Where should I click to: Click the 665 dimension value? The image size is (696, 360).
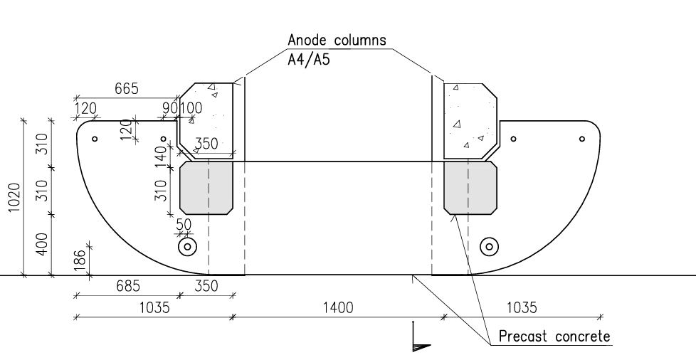127,89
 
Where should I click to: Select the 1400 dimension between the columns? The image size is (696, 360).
338,307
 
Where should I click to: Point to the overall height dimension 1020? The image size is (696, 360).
14,197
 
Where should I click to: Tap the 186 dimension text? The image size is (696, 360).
80,260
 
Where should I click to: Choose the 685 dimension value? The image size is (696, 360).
128,286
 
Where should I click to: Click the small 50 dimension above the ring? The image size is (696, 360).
184,224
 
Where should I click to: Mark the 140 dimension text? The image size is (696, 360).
162,155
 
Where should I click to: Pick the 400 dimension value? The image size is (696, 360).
42,244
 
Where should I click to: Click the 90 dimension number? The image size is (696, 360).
170,108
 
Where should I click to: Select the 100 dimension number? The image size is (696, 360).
191,108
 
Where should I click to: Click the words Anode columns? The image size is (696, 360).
337,40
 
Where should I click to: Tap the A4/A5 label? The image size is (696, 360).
309,59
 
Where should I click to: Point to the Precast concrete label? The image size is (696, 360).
554,337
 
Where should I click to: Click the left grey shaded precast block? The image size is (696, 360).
206,189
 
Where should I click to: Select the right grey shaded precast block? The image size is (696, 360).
470,189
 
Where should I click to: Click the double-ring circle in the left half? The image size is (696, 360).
187,247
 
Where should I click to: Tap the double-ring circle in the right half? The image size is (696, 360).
489,247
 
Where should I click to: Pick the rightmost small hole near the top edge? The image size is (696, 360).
582,139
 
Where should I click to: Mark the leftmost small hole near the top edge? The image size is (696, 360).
95,139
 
